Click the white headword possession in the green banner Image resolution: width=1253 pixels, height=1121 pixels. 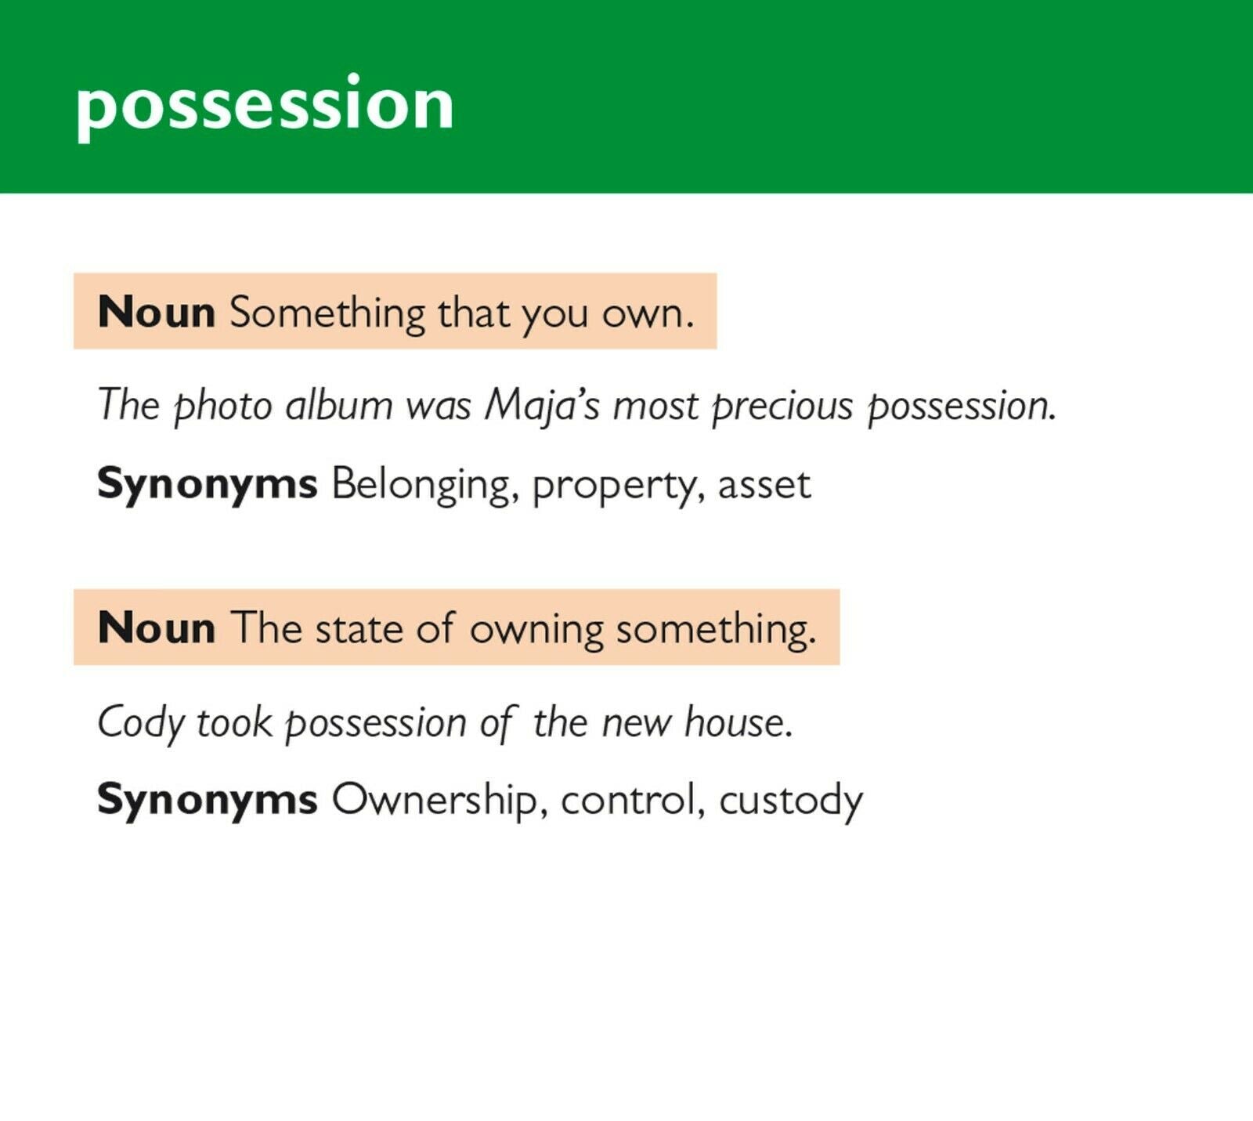(x=265, y=107)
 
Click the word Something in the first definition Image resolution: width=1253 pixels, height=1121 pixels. (x=327, y=313)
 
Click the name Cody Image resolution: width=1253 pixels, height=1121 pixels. (x=140, y=722)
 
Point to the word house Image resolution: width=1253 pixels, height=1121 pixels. (x=738, y=721)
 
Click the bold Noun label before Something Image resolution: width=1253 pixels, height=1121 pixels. (x=157, y=313)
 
